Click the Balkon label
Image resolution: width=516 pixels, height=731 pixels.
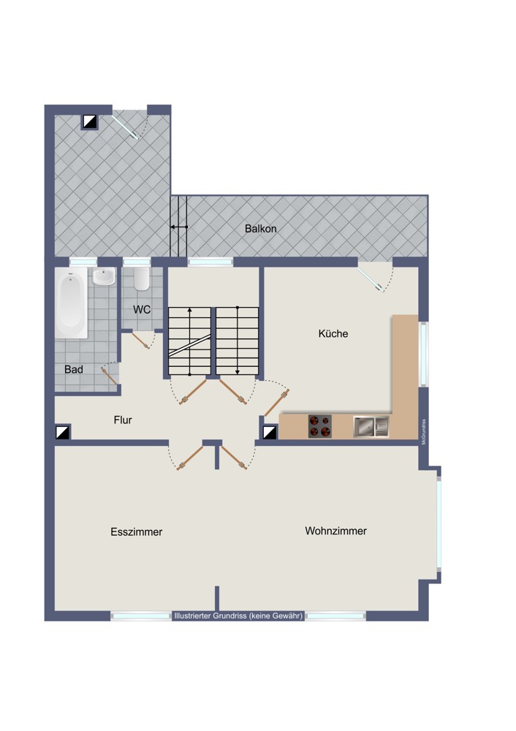[261, 229]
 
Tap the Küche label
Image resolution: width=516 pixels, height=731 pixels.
[333, 334]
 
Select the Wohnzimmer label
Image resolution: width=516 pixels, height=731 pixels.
[335, 531]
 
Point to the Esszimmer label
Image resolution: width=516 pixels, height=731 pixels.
[137, 532]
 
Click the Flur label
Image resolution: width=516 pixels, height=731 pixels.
[123, 420]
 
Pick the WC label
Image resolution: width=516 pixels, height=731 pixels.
[142, 309]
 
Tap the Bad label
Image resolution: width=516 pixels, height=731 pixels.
[74, 370]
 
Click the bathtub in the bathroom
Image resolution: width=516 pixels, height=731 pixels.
[72, 303]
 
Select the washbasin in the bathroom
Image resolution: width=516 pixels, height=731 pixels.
[104, 276]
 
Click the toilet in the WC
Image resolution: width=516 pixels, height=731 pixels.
[141, 279]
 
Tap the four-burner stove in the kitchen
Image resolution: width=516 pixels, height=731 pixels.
[320, 426]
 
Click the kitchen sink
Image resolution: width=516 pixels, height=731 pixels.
[371, 427]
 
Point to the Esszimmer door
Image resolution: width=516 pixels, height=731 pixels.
[190, 458]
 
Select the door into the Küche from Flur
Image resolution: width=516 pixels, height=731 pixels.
[277, 402]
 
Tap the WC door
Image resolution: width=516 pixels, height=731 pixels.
[141, 341]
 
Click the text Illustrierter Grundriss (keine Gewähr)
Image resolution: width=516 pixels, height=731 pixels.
[238, 616]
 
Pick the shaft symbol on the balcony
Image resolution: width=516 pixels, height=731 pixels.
[90, 121]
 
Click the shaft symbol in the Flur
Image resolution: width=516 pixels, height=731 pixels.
[63, 432]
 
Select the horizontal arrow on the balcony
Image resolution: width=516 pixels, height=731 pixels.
[179, 227]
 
